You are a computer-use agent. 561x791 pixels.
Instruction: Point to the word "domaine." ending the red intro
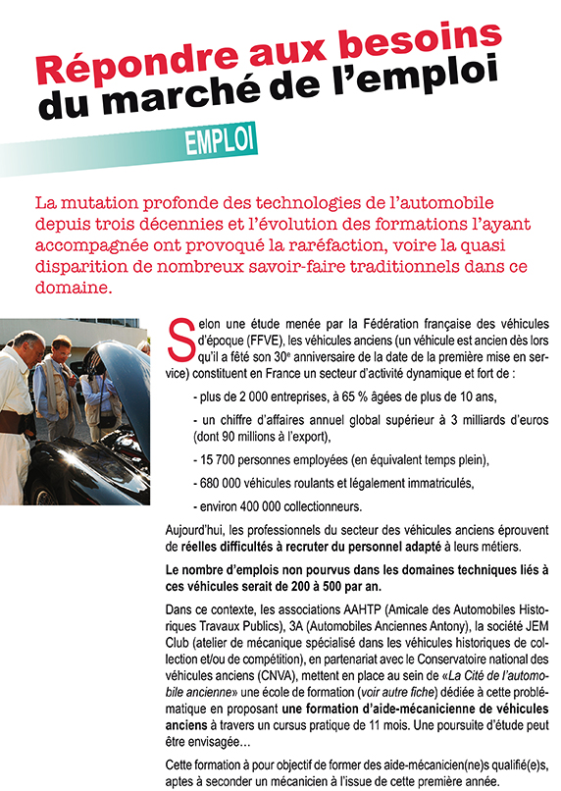pos(74,290)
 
